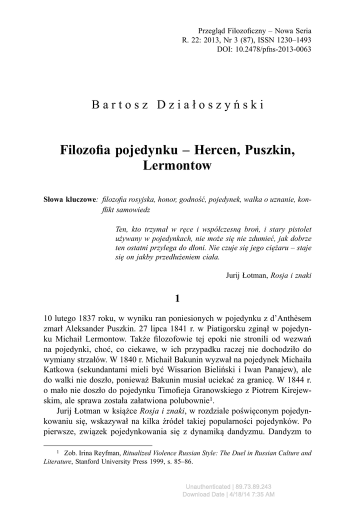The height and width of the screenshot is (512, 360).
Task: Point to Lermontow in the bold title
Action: [x=177, y=166]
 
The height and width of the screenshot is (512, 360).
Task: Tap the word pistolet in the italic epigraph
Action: [x=298, y=229]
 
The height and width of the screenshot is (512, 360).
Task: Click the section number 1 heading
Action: [x=177, y=299]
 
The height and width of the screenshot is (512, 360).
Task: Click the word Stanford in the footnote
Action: [x=89, y=462]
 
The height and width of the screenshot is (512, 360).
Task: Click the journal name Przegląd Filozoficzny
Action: [x=228, y=31]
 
